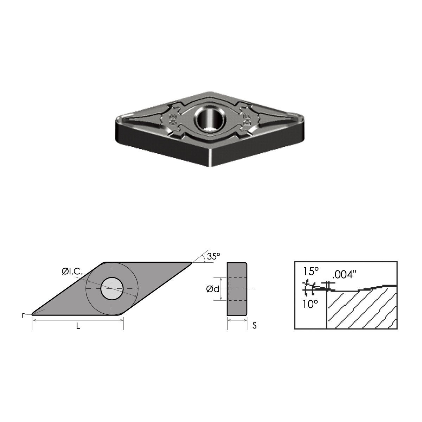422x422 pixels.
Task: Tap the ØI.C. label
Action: (71, 271)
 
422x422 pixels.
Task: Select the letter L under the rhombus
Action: (78, 326)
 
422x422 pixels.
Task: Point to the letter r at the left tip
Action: (23, 315)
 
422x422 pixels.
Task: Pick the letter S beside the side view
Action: (254, 326)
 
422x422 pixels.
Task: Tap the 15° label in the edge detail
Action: (311, 271)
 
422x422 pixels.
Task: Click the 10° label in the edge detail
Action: (311, 304)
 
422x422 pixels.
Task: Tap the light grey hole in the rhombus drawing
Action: (112, 288)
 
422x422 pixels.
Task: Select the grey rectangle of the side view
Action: (237, 288)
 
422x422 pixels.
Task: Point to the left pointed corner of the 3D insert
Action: (117, 120)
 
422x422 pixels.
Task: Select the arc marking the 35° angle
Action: (204, 259)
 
